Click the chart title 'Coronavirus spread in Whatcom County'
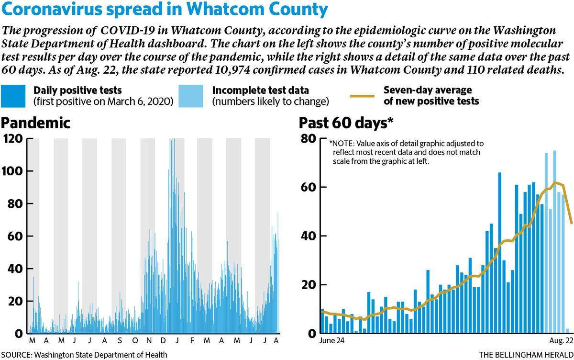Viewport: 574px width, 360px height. click(165, 9)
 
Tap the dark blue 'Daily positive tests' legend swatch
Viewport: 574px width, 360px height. click(13, 96)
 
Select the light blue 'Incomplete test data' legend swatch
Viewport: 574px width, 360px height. click(191, 96)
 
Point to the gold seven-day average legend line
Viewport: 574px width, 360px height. click(363, 96)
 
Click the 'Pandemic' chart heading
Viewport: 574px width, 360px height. click(35, 123)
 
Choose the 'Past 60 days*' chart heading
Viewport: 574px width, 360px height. click(346, 123)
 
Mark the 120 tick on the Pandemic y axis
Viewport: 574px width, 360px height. click(13, 139)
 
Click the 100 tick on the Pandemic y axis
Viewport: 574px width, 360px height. click(12, 171)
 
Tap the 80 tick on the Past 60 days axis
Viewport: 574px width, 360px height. click(309, 139)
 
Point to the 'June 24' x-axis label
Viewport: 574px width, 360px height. click(331, 340)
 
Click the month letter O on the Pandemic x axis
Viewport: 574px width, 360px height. click(135, 340)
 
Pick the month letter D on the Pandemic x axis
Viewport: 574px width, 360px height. click(163, 340)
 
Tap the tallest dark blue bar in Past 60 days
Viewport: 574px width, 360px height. click(499, 253)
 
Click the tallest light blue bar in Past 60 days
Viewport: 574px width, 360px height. click(554, 242)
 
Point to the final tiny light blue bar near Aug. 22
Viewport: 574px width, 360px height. click(567, 331)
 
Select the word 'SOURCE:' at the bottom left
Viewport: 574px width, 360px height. click(16, 355)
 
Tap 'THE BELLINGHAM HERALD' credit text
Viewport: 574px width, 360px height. click(526, 355)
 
